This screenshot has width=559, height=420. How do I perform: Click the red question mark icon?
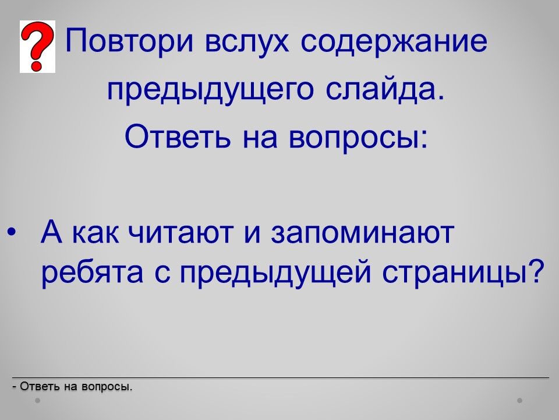[37, 47]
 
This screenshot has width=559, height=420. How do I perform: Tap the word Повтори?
[130, 41]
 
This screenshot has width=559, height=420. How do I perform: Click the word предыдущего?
[211, 91]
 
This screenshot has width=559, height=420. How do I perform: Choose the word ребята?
[93, 273]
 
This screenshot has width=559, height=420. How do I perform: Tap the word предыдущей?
[275, 273]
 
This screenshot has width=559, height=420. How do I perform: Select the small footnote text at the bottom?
[72, 386]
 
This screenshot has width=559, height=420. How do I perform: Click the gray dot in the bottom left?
[37, 401]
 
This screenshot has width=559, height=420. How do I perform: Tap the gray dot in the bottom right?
[520, 401]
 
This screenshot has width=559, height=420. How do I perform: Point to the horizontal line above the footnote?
[281, 377]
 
